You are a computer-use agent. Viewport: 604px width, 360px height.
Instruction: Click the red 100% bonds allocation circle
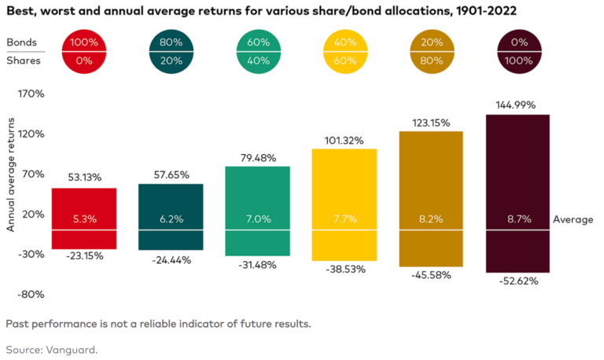tap(84, 52)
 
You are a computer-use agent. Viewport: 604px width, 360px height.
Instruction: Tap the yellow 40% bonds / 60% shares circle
tap(345, 52)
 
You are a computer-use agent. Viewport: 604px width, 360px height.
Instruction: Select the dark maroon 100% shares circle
tap(519, 52)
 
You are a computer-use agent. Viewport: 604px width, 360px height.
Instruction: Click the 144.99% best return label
tap(515, 105)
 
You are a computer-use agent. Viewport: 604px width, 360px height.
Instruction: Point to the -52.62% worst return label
tap(518, 281)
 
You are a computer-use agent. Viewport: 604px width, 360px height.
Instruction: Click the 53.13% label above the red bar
tap(85, 178)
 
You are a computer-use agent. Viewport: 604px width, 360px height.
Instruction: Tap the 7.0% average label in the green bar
tap(259, 219)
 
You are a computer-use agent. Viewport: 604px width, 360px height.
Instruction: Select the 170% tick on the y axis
tap(31, 94)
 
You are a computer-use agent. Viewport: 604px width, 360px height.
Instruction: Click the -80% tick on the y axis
tap(31, 295)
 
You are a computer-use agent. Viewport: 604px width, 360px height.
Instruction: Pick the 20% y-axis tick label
tap(34, 214)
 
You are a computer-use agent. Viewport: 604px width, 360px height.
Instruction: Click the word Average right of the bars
tap(573, 220)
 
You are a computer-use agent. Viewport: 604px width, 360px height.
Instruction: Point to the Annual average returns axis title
tap(11, 174)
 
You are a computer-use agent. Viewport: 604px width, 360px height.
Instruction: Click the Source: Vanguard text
tap(52, 350)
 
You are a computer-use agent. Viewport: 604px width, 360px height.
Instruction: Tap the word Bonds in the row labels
tap(21, 42)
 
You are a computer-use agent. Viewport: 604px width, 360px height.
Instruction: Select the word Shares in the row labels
tap(24, 61)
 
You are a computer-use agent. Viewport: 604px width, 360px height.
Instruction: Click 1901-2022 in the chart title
tap(486, 11)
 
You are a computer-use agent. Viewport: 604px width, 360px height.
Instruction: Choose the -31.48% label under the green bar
tap(257, 265)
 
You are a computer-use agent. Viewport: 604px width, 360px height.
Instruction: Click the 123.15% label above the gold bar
tap(431, 123)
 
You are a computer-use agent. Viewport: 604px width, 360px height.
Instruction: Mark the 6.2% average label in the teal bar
tap(171, 219)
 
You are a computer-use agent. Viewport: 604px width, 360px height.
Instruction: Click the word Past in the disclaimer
tap(17, 324)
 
